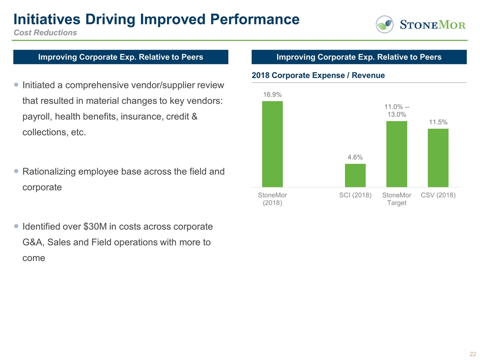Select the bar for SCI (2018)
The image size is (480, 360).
pos(355,175)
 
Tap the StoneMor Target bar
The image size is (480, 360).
pos(396,153)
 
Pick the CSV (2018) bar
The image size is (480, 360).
pos(438,157)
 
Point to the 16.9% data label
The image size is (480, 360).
pos(272,94)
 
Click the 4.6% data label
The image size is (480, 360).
pos(355,157)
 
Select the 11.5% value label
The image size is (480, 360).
pos(438,122)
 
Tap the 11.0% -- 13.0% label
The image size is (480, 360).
pos(397,110)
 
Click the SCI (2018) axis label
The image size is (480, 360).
pos(355,195)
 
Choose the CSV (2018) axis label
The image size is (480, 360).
pos(438,195)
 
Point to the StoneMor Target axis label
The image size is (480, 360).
pos(396,198)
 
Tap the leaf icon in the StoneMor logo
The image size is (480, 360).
pos(384,24)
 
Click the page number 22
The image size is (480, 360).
pos(472,354)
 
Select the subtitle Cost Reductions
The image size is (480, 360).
pos(45,32)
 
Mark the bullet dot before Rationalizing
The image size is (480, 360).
pos(17,171)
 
